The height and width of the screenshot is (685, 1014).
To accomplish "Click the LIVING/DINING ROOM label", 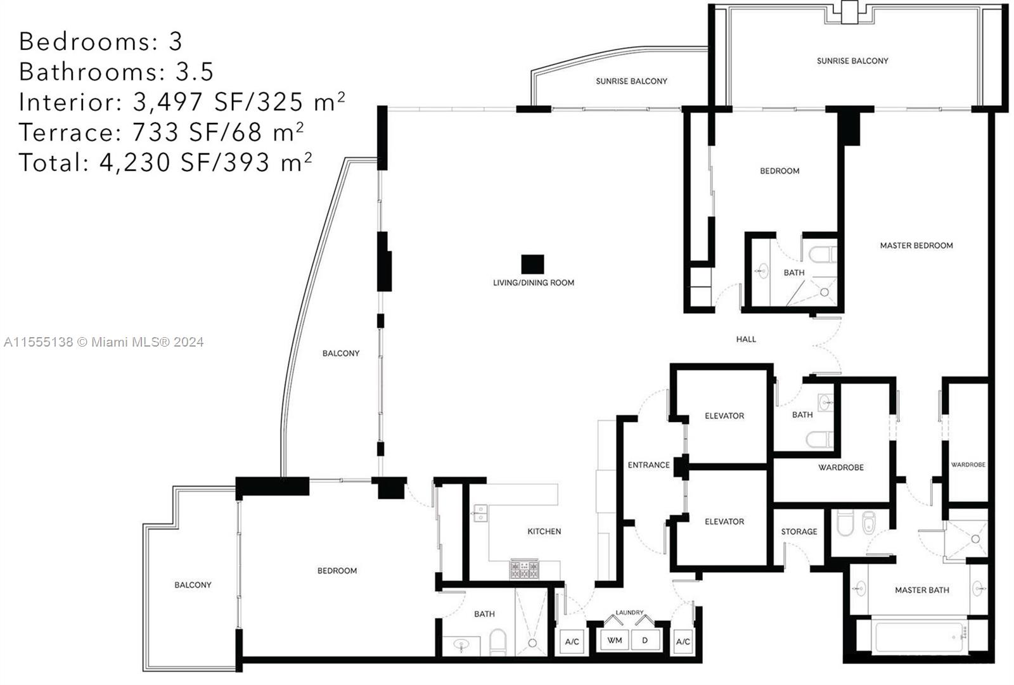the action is pyautogui.click(x=533, y=283).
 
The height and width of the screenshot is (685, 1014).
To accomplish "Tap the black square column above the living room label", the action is pyautogui.click(x=532, y=264).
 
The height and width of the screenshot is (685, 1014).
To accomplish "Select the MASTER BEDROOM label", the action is pyautogui.click(x=916, y=245).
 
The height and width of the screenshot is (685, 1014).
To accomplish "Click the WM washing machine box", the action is pyautogui.click(x=614, y=640).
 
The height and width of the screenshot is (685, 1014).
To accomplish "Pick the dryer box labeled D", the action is pyautogui.click(x=645, y=640).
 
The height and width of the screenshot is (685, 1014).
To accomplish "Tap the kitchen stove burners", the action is pyautogui.click(x=525, y=569).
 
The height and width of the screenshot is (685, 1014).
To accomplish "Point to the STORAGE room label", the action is pyautogui.click(x=799, y=532).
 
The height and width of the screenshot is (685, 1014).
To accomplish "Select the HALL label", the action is pyautogui.click(x=746, y=339).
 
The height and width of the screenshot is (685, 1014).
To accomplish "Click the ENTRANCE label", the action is pyautogui.click(x=648, y=465).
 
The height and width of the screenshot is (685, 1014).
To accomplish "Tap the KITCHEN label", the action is pyautogui.click(x=544, y=532).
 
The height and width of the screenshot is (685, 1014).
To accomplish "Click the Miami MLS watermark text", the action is pyautogui.click(x=104, y=342).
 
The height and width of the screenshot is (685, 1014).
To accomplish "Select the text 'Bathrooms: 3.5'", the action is pyautogui.click(x=117, y=72).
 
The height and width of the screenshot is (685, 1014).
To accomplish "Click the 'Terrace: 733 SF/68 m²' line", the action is pyautogui.click(x=161, y=132).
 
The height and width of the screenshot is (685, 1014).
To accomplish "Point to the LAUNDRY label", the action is pyautogui.click(x=629, y=613).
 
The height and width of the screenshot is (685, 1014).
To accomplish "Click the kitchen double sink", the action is pyautogui.click(x=481, y=513).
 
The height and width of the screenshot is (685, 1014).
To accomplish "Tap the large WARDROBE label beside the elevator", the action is pyautogui.click(x=840, y=467).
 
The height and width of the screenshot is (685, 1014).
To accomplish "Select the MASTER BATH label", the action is pyautogui.click(x=921, y=590).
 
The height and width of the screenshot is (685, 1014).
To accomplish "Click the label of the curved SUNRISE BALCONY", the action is pyautogui.click(x=631, y=81).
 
